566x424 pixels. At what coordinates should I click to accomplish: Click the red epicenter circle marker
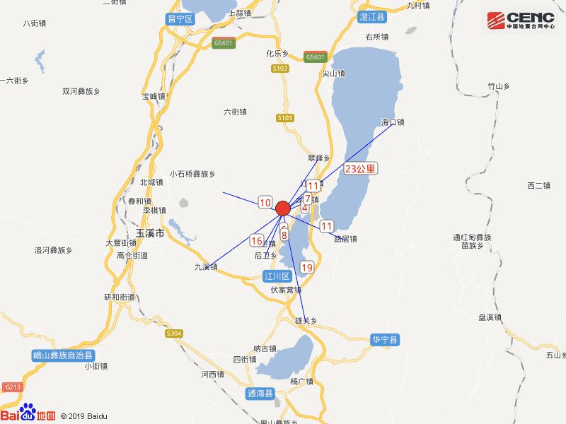(x=282, y=208)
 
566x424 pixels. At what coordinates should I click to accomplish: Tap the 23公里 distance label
(x=361, y=169)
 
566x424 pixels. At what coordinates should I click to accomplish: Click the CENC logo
(x=520, y=19)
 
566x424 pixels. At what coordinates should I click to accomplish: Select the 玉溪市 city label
(x=150, y=232)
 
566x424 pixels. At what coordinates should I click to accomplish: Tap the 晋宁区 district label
(x=180, y=19)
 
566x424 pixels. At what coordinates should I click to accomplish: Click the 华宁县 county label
(x=386, y=340)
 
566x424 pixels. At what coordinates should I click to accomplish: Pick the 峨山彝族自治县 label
(x=64, y=355)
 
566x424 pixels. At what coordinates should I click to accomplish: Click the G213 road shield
(x=12, y=387)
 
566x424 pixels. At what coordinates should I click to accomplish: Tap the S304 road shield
(x=173, y=334)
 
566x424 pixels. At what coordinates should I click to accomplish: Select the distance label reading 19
(x=306, y=267)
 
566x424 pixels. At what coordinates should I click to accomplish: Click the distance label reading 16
(x=256, y=241)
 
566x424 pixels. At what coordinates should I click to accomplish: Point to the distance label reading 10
(x=265, y=203)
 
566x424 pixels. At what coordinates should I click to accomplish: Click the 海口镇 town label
(x=392, y=122)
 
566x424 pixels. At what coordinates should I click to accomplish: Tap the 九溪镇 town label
(x=206, y=267)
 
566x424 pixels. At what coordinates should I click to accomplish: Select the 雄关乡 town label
(x=305, y=320)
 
